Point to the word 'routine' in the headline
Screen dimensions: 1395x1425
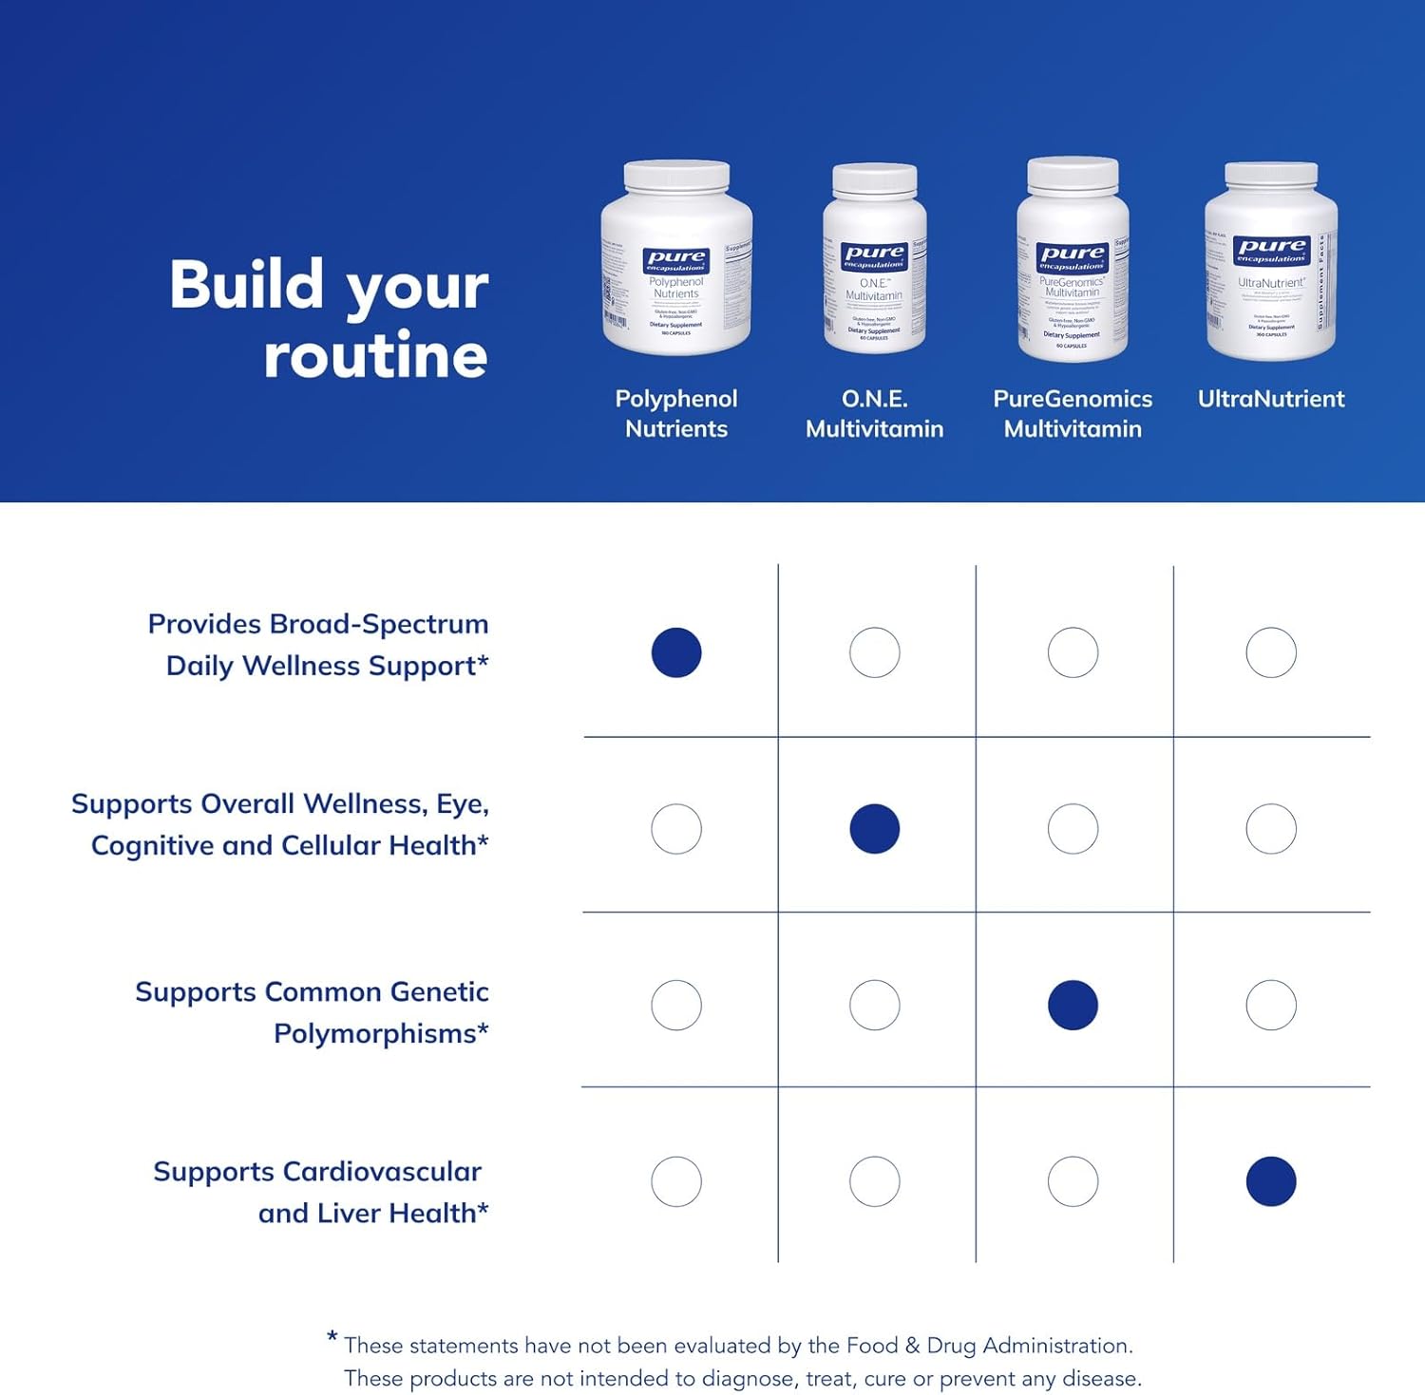(x=375, y=356)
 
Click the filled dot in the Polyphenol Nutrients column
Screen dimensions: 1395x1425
(x=676, y=652)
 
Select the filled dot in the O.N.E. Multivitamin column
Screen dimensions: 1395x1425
(x=874, y=828)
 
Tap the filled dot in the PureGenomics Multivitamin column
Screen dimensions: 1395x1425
(x=1073, y=1005)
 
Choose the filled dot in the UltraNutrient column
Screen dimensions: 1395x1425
(x=1271, y=1181)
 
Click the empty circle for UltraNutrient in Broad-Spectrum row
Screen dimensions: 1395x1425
(x=1271, y=652)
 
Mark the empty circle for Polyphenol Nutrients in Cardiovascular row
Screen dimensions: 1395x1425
(x=676, y=1181)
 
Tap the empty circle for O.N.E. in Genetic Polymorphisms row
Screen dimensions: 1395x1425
(x=874, y=1005)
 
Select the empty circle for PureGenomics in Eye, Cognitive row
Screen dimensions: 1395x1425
(x=1073, y=828)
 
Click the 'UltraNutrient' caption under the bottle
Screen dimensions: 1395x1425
(x=1271, y=399)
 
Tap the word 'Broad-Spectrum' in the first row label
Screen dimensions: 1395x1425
(x=379, y=624)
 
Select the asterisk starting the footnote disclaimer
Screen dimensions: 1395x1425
(x=332, y=1337)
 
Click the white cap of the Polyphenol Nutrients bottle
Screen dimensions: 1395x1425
(x=676, y=176)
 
